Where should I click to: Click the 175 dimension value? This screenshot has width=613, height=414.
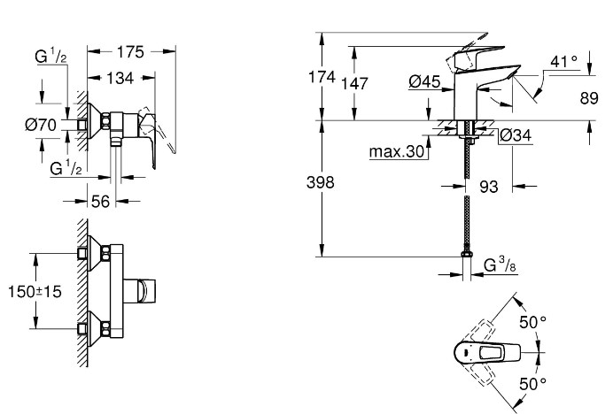(x=130, y=51)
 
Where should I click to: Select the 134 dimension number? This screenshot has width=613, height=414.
(x=120, y=78)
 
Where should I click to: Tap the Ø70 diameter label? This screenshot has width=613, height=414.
(x=41, y=126)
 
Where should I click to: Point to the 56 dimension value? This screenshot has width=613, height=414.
(x=100, y=202)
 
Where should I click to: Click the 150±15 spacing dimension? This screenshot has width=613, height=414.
(x=35, y=291)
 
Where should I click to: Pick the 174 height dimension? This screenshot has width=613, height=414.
(x=322, y=77)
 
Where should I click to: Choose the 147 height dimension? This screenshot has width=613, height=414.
(x=354, y=83)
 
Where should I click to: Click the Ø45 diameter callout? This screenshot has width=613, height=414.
(x=425, y=81)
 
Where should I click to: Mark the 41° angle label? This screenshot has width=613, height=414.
(x=563, y=61)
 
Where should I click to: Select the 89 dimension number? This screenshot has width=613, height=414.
(x=589, y=98)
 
